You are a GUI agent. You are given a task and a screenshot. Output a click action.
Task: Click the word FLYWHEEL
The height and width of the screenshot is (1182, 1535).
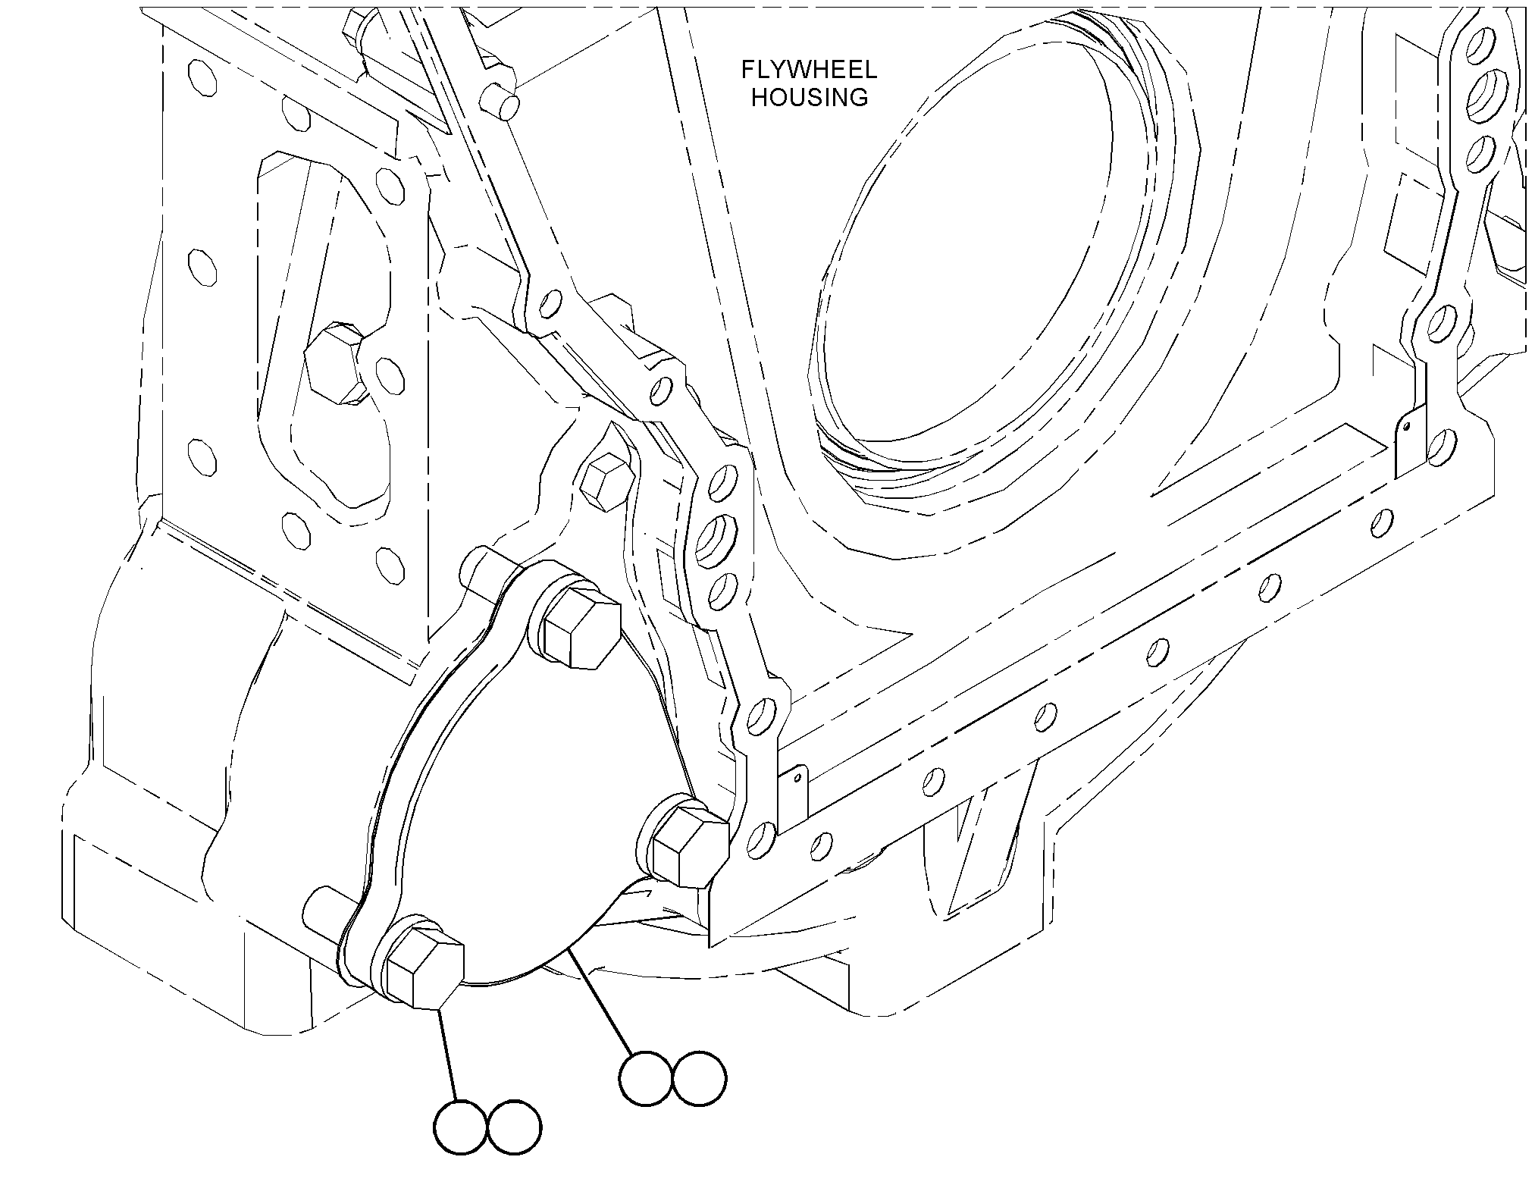[x=809, y=71]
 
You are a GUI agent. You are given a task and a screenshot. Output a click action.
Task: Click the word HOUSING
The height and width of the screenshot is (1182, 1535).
[x=810, y=98]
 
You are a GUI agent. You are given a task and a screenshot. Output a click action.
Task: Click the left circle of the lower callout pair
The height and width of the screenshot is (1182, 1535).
[x=461, y=1127]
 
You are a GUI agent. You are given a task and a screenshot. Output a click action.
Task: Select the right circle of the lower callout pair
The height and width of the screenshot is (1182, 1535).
[x=515, y=1127]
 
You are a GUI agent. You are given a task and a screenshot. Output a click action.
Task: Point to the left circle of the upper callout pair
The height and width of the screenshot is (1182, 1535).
[x=645, y=1078]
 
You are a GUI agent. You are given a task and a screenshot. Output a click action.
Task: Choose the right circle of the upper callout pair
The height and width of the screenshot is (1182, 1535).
[x=699, y=1078]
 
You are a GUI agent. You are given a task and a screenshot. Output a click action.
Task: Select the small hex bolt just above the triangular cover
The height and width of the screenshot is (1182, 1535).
[x=606, y=482]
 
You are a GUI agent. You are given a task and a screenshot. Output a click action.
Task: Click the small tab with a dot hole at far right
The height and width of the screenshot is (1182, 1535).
[x=1406, y=446]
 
